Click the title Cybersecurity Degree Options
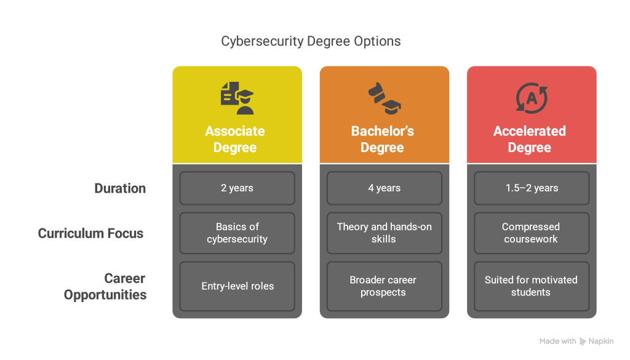(x=311, y=41)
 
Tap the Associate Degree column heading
(x=235, y=139)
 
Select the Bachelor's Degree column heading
(x=383, y=139)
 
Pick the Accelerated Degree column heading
(x=530, y=139)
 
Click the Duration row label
(x=120, y=188)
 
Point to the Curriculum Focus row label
(x=90, y=233)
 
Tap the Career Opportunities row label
(x=105, y=286)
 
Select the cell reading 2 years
(x=237, y=188)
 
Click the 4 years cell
(x=385, y=188)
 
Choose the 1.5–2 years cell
(x=532, y=188)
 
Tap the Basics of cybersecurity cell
(x=237, y=233)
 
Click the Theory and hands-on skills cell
(x=385, y=233)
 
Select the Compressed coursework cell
(x=532, y=233)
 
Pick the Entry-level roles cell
(x=237, y=286)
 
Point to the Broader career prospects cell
(x=385, y=286)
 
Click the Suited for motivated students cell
(x=532, y=286)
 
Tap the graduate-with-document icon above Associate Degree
(x=237, y=98)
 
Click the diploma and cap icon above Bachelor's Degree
(x=385, y=98)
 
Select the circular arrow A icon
(x=532, y=98)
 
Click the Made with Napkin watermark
(x=576, y=341)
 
